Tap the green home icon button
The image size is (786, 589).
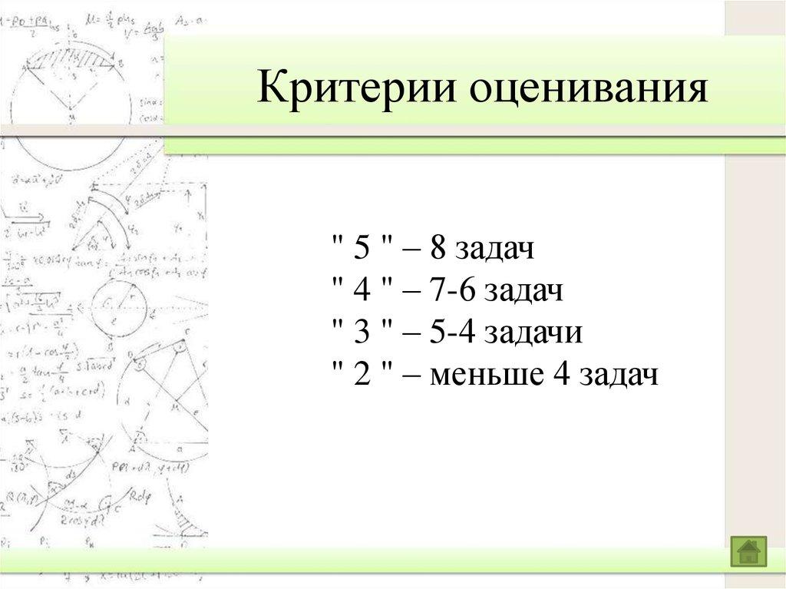[x=748, y=551]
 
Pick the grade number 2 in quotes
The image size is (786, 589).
[x=363, y=376]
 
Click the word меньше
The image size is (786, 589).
[x=483, y=376]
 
